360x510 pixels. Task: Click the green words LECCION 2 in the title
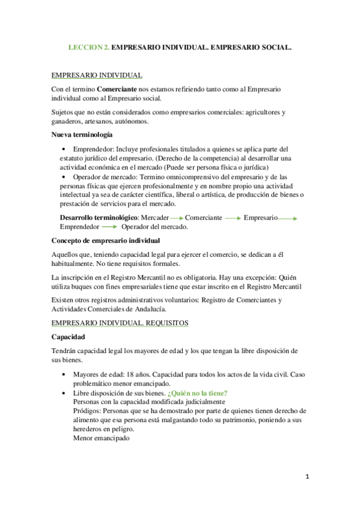[90, 46]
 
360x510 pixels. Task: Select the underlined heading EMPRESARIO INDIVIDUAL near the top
[97, 75]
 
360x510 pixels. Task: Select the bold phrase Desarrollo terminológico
[99, 217]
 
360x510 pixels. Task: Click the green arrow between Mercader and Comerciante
[176, 218]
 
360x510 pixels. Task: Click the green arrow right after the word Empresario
[288, 218]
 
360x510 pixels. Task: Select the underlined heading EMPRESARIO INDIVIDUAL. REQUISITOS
[120, 323]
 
